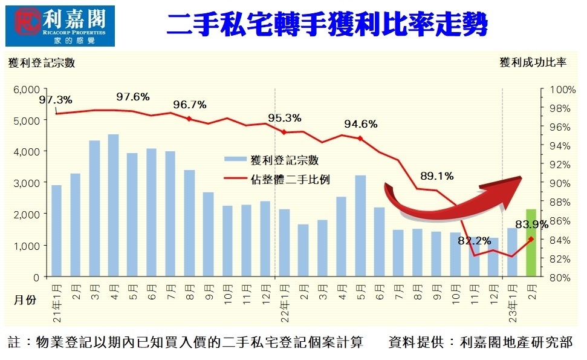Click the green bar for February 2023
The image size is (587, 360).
point(531,243)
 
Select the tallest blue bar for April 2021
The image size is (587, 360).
point(114,205)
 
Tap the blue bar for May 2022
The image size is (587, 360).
point(360,226)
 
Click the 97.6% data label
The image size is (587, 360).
point(133,97)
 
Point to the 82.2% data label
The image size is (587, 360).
point(475,241)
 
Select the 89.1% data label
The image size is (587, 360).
point(437,175)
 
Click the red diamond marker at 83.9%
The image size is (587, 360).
point(531,239)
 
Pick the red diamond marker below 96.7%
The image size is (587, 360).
point(189,119)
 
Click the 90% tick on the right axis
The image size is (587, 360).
point(560,183)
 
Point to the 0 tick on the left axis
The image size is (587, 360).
point(36,278)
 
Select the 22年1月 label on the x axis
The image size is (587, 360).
point(285,303)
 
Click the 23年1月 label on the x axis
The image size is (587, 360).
point(512,303)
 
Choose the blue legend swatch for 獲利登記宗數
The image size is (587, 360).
point(235,159)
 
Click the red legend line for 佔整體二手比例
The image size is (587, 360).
point(235,178)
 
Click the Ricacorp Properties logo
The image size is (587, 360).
point(60,26)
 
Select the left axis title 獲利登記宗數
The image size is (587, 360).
point(42,62)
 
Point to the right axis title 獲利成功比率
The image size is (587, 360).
point(533,62)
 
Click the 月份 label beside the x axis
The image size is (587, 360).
point(25,299)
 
